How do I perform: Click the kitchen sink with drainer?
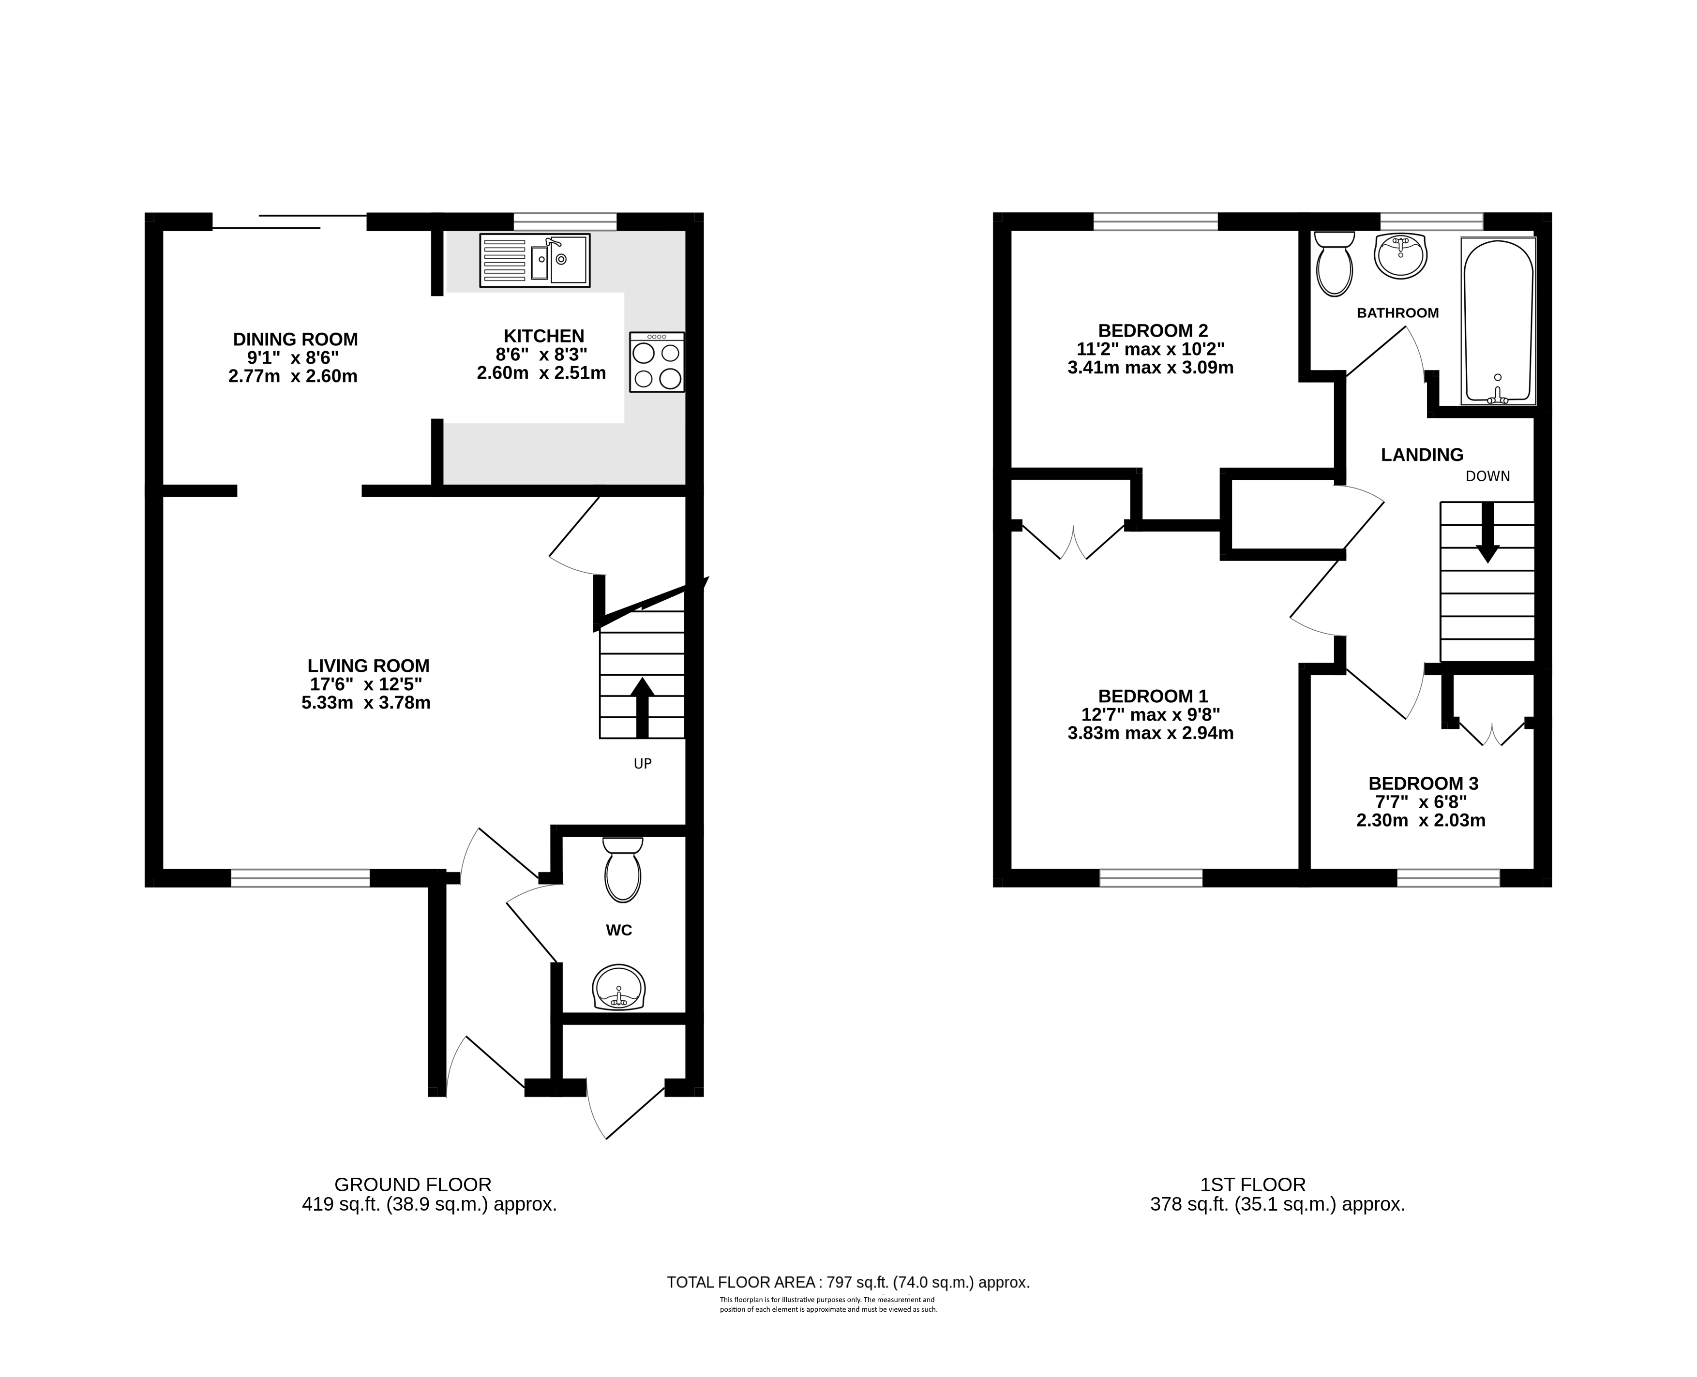coord(535,260)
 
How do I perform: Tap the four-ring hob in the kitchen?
coord(657,362)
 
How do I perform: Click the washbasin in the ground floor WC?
coord(619,988)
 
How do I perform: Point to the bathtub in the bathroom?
coord(1498,321)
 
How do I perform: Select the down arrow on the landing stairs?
coord(1487,532)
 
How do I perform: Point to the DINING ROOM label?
coord(295,340)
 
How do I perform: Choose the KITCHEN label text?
coord(544,336)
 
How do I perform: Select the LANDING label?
coord(1422,455)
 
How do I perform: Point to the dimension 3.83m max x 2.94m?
coord(1150,733)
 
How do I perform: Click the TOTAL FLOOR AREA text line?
coord(848,1282)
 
